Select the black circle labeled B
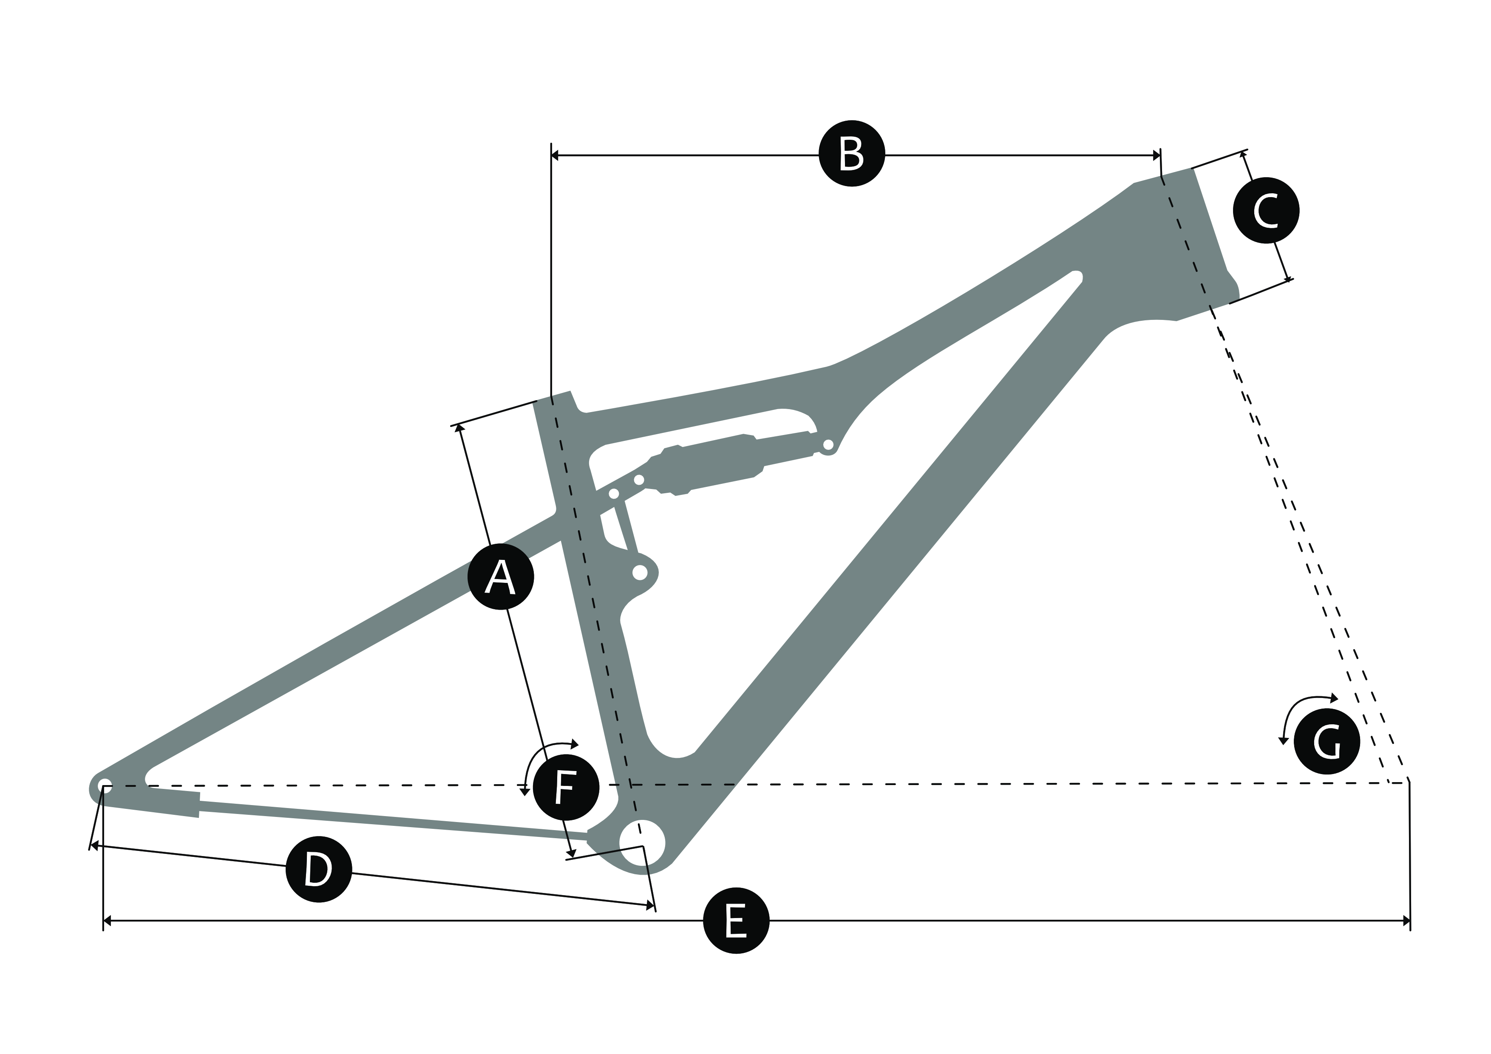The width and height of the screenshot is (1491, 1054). [x=851, y=153]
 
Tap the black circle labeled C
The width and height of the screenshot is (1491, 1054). [x=1266, y=210]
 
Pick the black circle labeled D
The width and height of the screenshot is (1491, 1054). [x=319, y=868]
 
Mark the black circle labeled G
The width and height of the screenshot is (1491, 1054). [x=1327, y=742]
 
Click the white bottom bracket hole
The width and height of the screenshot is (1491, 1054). [x=642, y=843]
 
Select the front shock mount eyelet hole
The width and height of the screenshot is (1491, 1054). [x=828, y=444]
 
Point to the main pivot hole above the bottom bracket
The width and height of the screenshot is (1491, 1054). [x=640, y=572]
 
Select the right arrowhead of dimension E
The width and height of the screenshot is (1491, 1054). [x=1406, y=920]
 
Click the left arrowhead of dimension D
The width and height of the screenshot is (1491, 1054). [x=95, y=846]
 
